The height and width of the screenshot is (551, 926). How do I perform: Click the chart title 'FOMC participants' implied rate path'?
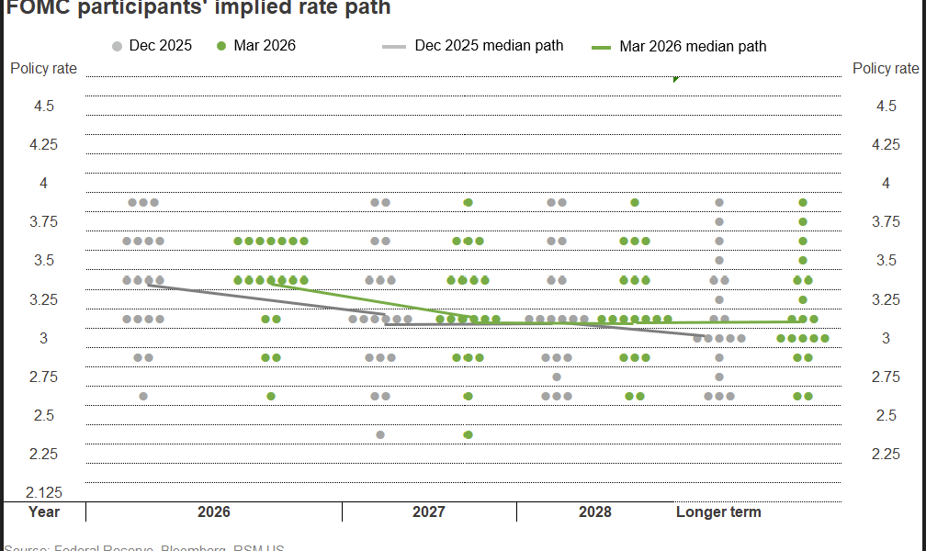click(x=198, y=8)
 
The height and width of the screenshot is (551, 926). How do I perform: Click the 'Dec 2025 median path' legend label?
click(x=489, y=45)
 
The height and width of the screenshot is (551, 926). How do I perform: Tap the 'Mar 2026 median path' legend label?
click(x=693, y=46)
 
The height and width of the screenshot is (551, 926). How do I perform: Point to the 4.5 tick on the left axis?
click(x=43, y=107)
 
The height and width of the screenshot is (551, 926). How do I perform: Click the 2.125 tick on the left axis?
click(x=43, y=492)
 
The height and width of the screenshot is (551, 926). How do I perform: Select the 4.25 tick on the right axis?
click(x=886, y=145)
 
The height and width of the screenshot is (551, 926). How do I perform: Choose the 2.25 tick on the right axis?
click(x=886, y=454)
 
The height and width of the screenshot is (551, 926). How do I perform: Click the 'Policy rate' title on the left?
click(x=43, y=69)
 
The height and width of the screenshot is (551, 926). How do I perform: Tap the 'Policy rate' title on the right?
click(x=886, y=69)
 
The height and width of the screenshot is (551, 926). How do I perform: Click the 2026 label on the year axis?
click(x=214, y=512)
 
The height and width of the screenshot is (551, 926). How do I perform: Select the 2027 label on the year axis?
click(x=429, y=512)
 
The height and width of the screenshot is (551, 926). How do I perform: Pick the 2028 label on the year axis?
click(x=595, y=512)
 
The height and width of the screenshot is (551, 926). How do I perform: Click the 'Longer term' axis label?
click(x=718, y=512)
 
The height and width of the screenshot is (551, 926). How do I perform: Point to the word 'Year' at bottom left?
click(x=44, y=512)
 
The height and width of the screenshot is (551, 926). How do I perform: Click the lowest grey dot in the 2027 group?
click(x=380, y=434)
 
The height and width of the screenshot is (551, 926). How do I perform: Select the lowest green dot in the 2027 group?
click(x=468, y=434)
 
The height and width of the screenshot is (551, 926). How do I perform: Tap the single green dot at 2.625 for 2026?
click(x=271, y=396)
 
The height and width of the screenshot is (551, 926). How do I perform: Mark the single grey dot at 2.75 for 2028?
click(x=557, y=377)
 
